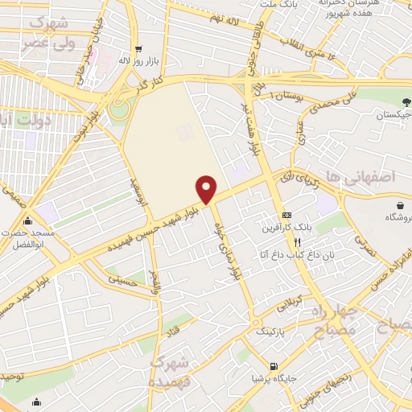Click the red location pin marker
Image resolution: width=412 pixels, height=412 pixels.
207,188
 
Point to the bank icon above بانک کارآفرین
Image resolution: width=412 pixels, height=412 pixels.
286,215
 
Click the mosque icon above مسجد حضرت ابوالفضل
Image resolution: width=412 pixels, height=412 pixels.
30,221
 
